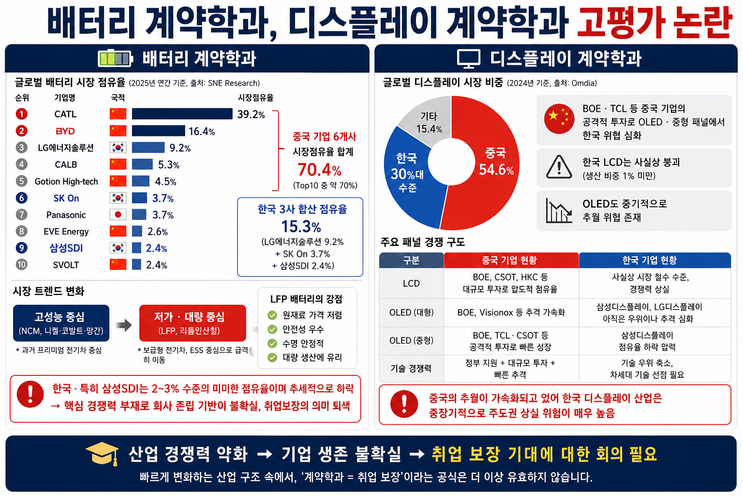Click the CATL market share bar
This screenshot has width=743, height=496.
(182, 114)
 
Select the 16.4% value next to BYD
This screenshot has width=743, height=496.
(202, 132)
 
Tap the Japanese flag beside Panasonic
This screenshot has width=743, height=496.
(118, 215)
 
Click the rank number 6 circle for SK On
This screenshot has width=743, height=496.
(22, 198)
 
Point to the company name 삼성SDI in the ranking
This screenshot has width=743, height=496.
(66, 248)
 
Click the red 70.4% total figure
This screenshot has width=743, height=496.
(319, 170)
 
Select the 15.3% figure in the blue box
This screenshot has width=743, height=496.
(301, 227)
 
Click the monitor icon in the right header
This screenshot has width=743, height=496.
(468, 59)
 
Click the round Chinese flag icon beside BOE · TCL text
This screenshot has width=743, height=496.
(559, 119)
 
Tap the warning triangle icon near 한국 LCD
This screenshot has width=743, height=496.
(559, 167)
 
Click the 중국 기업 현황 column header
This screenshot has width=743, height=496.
(511, 260)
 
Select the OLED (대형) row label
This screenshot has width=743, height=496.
(411, 312)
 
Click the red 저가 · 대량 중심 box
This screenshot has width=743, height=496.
(193, 323)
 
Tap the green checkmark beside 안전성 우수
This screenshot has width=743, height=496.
(272, 329)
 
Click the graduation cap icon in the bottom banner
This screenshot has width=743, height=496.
(103, 453)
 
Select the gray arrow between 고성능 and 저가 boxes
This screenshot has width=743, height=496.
(124, 325)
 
